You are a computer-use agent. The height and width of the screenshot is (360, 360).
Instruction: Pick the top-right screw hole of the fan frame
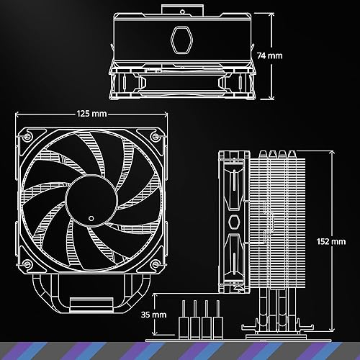(x=154, y=136)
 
